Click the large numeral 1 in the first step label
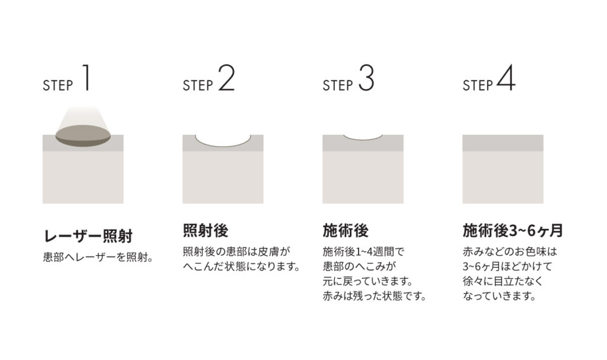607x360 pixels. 87,78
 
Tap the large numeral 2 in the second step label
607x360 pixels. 226,78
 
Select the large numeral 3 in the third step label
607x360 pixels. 366,78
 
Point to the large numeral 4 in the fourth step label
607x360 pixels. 506,78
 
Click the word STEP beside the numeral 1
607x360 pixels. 57,85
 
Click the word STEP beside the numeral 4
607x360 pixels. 478,85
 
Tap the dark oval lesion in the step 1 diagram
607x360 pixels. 83,136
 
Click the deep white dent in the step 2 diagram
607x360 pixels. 223,141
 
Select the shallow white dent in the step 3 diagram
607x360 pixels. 363,137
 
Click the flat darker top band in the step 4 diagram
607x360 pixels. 503,143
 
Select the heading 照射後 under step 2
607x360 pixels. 206,231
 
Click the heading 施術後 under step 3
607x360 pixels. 346,231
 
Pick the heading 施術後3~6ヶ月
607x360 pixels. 513,231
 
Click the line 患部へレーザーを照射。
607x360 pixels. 98,257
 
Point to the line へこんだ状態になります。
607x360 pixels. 242,267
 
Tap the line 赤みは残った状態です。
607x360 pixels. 375,296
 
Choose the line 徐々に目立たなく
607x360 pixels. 503,281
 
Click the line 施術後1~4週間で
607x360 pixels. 363,252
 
